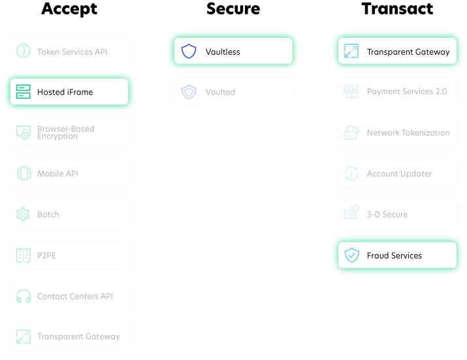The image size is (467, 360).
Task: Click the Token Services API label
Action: [x=72, y=52]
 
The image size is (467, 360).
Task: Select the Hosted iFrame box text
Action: [x=65, y=92]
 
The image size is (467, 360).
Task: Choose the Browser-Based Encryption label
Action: [x=65, y=133]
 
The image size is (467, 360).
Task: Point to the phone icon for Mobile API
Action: [x=24, y=173]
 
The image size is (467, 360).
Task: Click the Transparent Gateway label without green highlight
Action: [x=78, y=336]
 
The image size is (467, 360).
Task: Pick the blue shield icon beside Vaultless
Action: [x=189, y=52]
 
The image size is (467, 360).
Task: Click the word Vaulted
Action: [x=220, y=92]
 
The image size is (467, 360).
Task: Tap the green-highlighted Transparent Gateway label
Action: [x=408, y=52]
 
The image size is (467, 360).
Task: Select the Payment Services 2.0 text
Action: [x=407, y=91]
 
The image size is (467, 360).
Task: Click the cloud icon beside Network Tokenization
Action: [x=351, y=133]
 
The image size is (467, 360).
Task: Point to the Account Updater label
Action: [x=399, y=174]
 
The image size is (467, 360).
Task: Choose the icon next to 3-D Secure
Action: [x=351, y=214]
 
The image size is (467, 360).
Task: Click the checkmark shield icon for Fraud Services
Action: [x=351, y=255]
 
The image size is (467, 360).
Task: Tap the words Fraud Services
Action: [x=394, y=255]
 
